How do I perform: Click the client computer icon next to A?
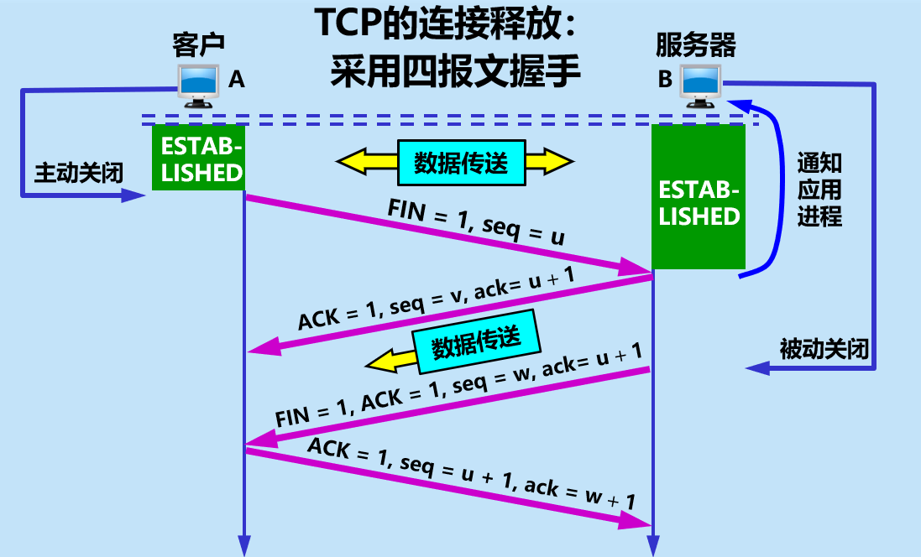[x=200, y=86]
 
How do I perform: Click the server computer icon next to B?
[x=701, y=85]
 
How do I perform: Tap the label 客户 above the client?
[x=199, y=44]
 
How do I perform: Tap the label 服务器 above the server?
[x=696, y=44]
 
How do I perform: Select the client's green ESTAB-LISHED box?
[x=198, y=158]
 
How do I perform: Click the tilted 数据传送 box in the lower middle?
[x=476, y=341]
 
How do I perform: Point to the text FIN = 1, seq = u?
[x=476, y=222]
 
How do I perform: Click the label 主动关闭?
[x=79, y=174]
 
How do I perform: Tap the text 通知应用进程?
[x=819, y=190]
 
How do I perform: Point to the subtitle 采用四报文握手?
[x=455, y=72]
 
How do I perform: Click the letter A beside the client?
[x=237, y=80]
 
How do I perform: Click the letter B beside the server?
[x=665, y=80]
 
